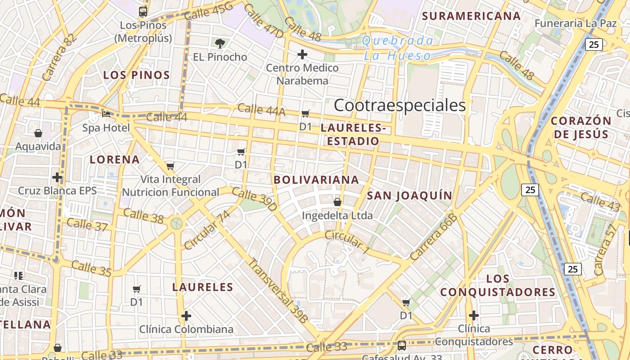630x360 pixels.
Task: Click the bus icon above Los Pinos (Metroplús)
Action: coord(143,12)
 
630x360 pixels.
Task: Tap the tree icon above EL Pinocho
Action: coord(220,44)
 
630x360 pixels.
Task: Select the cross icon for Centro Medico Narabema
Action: coord(302,55)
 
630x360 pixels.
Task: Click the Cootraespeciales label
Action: coord(400,105)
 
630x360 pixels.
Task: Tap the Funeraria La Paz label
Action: coord(576,23)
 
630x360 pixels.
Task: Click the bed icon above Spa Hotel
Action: coord(106,114)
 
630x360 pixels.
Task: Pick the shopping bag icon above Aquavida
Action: coord(38,133)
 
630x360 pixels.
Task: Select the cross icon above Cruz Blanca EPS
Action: coord(57,177)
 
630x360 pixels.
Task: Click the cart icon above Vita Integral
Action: coord(170,166)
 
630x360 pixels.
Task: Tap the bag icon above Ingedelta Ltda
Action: coord(337,202)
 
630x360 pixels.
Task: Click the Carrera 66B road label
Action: coord(433,237)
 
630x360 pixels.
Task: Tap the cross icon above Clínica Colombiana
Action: coord(186,316)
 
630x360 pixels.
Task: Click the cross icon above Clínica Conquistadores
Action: coord(474,315)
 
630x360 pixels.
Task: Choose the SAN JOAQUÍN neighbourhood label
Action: coord(409,195)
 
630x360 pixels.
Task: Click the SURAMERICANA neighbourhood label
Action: coord(471,16)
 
